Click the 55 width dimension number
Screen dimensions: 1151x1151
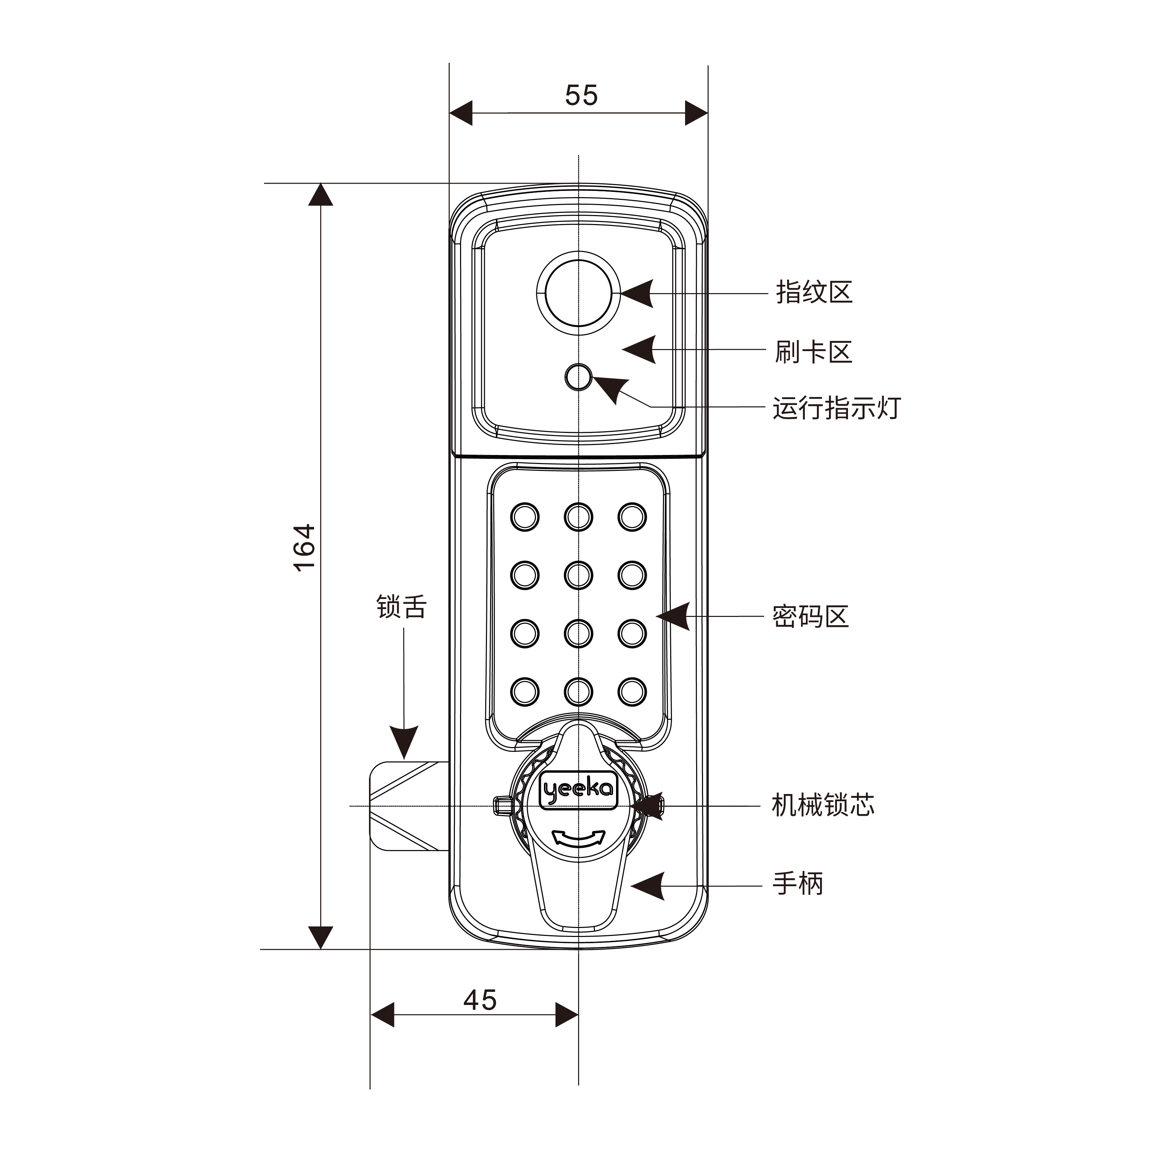pyautogui.click(x=581, y=95)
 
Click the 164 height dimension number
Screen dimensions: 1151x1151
pyautogui.click(x=304, y=548)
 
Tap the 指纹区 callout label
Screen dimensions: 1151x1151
pyautogui.click(x=814, y=292)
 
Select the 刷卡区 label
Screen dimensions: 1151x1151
pyautogui.click(x=813, y=352)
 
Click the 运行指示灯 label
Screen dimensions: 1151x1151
pyautogui.click(x=837, y=408)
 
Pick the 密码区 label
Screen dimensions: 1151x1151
pyautogui.click(x=810, y=616)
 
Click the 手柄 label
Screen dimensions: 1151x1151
pyautogui.click(x=798, y=883)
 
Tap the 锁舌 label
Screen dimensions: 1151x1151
pyautogui.click(x=401, y=607)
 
